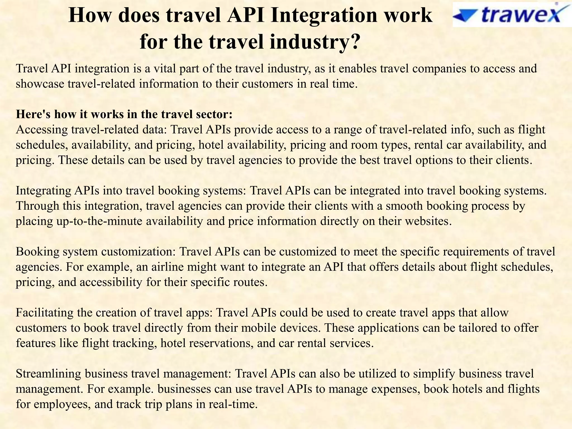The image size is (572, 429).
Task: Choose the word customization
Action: (138, 252)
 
